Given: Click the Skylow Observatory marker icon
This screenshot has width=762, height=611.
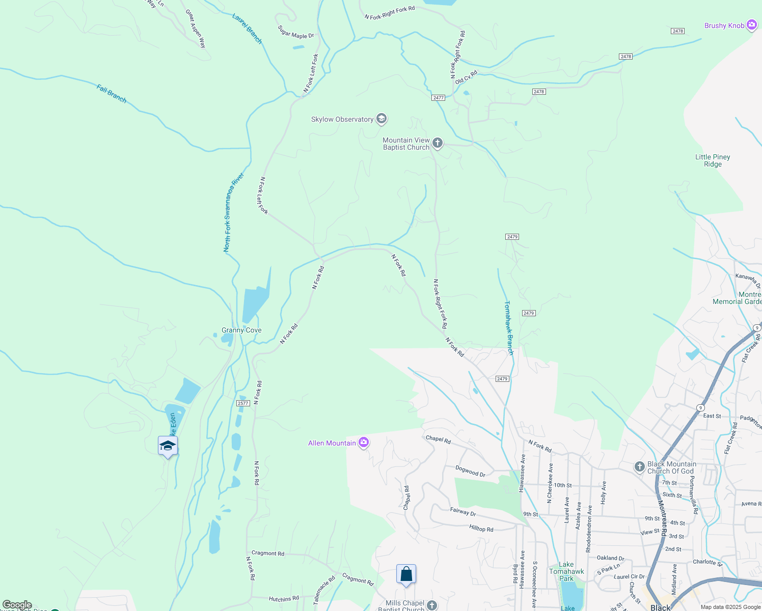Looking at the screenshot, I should (x=382, y=119).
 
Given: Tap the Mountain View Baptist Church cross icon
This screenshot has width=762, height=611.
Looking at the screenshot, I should (x=437, y=143).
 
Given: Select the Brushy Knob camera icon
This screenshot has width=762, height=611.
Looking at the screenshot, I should (x=751, y=25).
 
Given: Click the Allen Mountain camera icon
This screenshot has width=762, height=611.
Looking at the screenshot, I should (x=364, y=442).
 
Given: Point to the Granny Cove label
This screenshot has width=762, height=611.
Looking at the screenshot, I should (x=241, y=330).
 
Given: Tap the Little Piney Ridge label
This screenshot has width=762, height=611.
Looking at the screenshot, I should (x=713, y=160).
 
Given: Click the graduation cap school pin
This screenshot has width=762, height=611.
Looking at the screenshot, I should (x=168, y=446).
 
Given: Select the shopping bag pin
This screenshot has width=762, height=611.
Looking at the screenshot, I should (x=406, y=574).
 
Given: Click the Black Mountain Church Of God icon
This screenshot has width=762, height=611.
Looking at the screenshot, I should (x=640, y=467).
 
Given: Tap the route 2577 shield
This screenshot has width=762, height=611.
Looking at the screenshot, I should (x=243, y=403).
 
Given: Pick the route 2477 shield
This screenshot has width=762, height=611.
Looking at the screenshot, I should (x=438, y=98).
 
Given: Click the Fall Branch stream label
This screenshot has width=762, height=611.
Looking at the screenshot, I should (x=112, y=94).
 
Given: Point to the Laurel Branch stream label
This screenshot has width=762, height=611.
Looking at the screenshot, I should (x=247, y=29).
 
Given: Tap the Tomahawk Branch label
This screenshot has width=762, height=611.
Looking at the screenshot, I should (x=509, y=327).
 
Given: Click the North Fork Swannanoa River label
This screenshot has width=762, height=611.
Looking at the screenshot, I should (x=234, y=212).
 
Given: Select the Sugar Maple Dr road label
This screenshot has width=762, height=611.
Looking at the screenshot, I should (x=295, y=32).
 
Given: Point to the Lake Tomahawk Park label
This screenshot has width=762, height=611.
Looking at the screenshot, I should (x=566, y=571).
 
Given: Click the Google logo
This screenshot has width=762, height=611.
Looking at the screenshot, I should (x=17, y=605).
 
